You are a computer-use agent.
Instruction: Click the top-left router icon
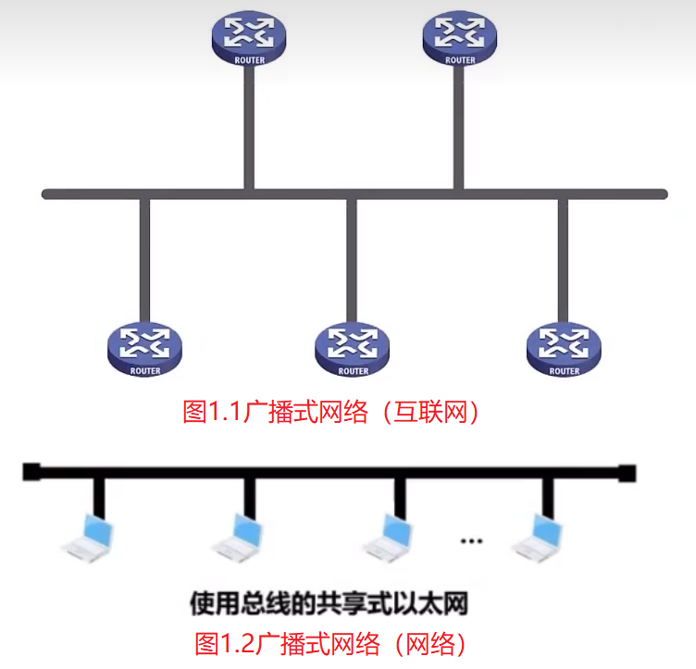(248, 37)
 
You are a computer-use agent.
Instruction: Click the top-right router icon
(460, 37)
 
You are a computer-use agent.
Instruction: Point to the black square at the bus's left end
(31, 472)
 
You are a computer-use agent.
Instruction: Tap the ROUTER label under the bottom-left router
(145, 371)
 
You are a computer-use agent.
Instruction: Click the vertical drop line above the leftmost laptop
(97, 495)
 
